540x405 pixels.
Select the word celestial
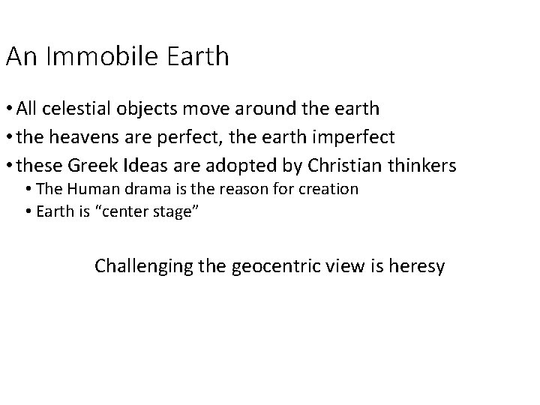pos(87,109)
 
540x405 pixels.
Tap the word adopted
pos(256,165)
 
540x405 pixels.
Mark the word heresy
pos(417,265)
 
